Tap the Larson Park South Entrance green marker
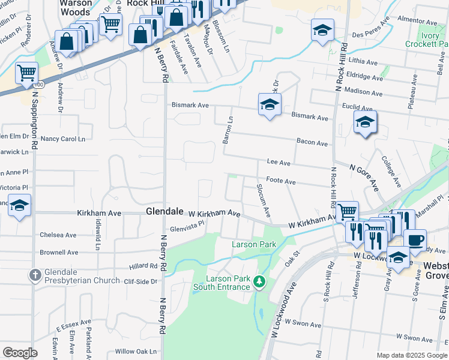[259, 281]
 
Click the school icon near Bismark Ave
[270, 105]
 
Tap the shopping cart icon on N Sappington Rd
[26, 74]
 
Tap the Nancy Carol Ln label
[62, 139]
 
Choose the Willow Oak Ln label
[136, 352]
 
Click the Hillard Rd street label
[143, 266]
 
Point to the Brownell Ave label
[59, 253]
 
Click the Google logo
[20, 353]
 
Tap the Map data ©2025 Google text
[411, 355]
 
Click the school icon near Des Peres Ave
[322, 30]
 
